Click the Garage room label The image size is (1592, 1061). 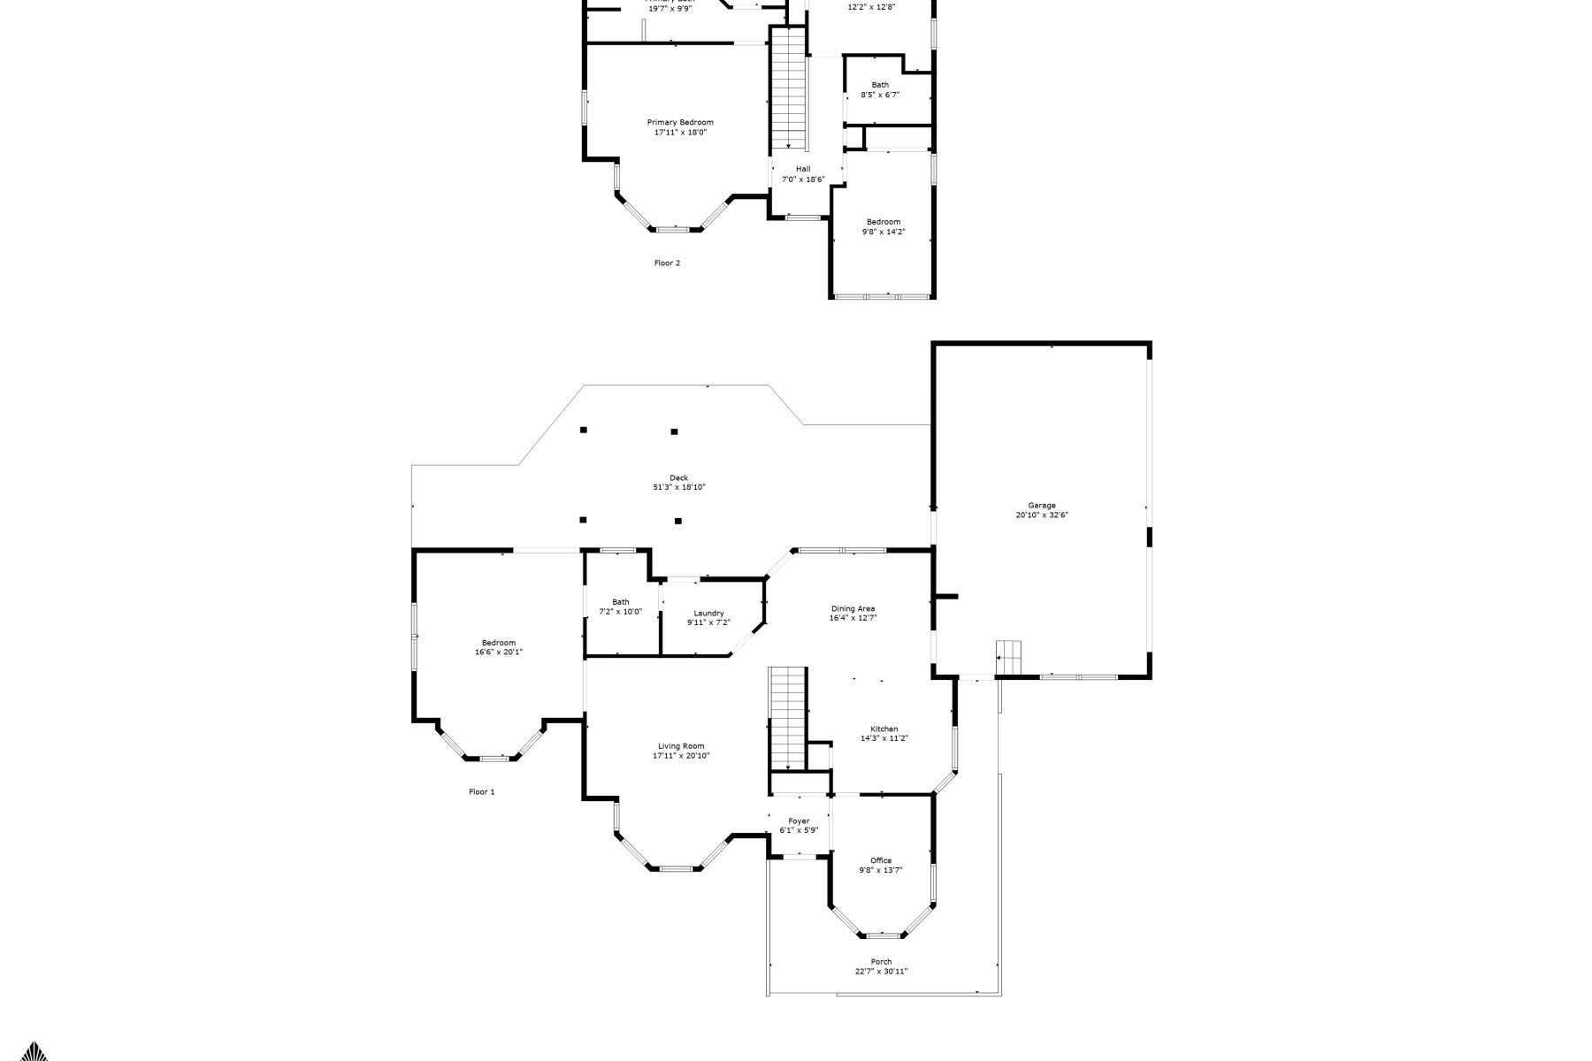[x=1042, y=506]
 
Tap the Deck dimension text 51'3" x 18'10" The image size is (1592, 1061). [x=678, y=487]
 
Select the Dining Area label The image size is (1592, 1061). [x=853, y=608]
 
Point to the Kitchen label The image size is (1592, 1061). [x=884, y=729]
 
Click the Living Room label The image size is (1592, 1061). [x=680, y=746]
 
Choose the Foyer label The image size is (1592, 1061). [x=799, y=821]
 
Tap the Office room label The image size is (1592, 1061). [x=881, y=860]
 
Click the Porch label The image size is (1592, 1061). [x=881, y=962]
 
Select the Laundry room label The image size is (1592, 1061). [x=708, y=613]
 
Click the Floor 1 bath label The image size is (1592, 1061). [x=620, y=602]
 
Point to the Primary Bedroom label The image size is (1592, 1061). [x=679, y=122]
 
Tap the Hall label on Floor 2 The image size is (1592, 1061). [x=802, y=169]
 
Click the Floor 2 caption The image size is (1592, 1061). [x=667, y=263]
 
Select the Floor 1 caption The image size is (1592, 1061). [x=481, y=792]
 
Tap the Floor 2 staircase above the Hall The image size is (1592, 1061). [x=788, y=88]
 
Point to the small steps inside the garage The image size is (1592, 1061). [x=1008, y=656]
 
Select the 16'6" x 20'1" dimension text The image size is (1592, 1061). [x=498, y=653]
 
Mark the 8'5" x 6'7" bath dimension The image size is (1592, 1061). [x=880, y=95]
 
